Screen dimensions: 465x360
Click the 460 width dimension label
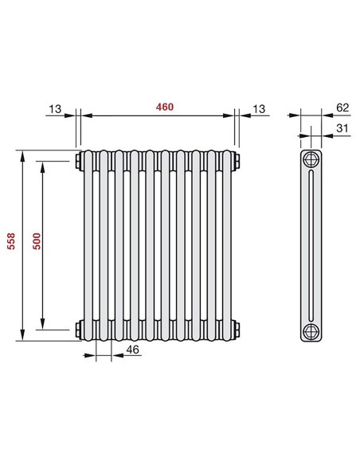tap(164, 106)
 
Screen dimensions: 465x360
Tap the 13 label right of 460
tap(260, 107)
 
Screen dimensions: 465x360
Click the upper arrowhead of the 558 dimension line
tap(22, 153)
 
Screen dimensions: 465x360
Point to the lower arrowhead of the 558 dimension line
tap(22, 338)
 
